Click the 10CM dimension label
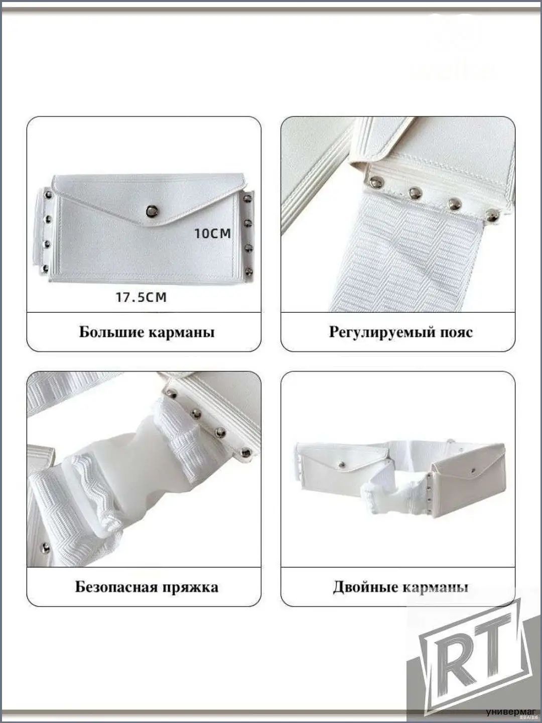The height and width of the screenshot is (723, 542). (x=213, y=233)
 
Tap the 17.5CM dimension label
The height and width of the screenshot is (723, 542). (x=141, y=297)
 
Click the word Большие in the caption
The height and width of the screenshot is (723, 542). (x=112, y=332)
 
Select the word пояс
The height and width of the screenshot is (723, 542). (x=456, y=333)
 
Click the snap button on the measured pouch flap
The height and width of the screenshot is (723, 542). (x=152, y=210)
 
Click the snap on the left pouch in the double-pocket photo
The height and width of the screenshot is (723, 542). (x=343, y=464)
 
